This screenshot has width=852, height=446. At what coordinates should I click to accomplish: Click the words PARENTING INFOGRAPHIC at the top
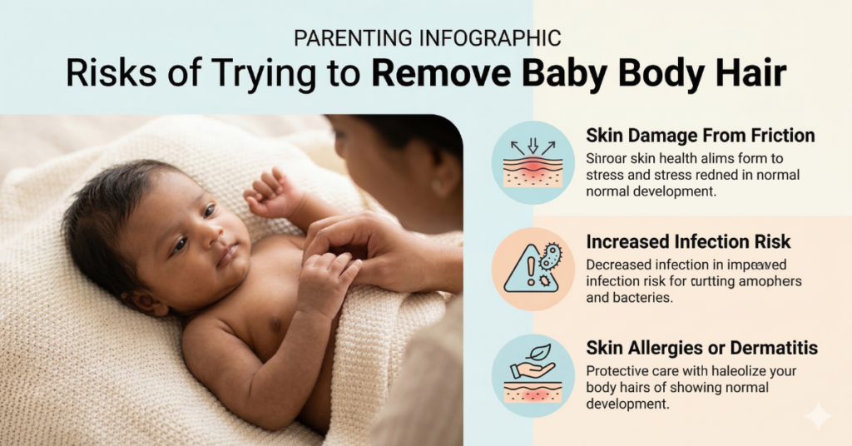(426, 37)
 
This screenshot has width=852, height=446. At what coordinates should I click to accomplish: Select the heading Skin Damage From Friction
(700, 136)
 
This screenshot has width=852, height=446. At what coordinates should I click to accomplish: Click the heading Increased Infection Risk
(688, 242)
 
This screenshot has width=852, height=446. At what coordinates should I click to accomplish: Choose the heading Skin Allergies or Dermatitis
(701, 348)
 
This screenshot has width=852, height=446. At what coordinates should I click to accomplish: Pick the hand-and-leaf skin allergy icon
(532, 375)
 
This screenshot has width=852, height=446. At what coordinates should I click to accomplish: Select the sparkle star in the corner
(818, 414)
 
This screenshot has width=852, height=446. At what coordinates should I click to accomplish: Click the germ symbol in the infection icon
(550, 256)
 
